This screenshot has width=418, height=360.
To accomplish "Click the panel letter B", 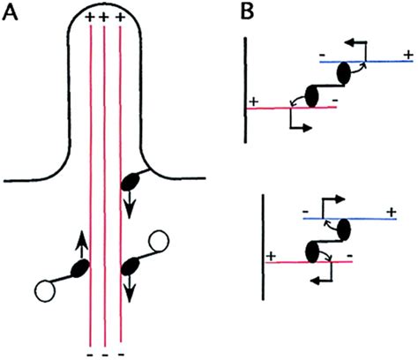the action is (x=247, y=12).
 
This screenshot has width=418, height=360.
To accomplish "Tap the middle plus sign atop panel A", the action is (x=104, y=18).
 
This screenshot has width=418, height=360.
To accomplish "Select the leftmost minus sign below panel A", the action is (x=91, y=355).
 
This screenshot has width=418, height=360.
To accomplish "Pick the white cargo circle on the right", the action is (x=159, y=242).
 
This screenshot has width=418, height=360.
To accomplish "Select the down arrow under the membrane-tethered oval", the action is (x=129, y=206).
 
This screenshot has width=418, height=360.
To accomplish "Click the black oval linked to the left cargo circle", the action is (x=81, y=268).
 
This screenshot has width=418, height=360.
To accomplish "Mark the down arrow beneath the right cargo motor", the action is (x=129, y=290).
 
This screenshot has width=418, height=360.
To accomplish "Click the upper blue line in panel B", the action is (x=367, y=62).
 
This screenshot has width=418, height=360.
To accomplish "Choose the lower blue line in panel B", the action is (x=350, y=219).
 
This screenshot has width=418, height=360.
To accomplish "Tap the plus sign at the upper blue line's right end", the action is (x=408, y=55).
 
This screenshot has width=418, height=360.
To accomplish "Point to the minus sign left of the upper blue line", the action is (x=323, y=55).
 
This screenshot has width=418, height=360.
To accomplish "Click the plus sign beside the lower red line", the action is (x=271, y=256).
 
